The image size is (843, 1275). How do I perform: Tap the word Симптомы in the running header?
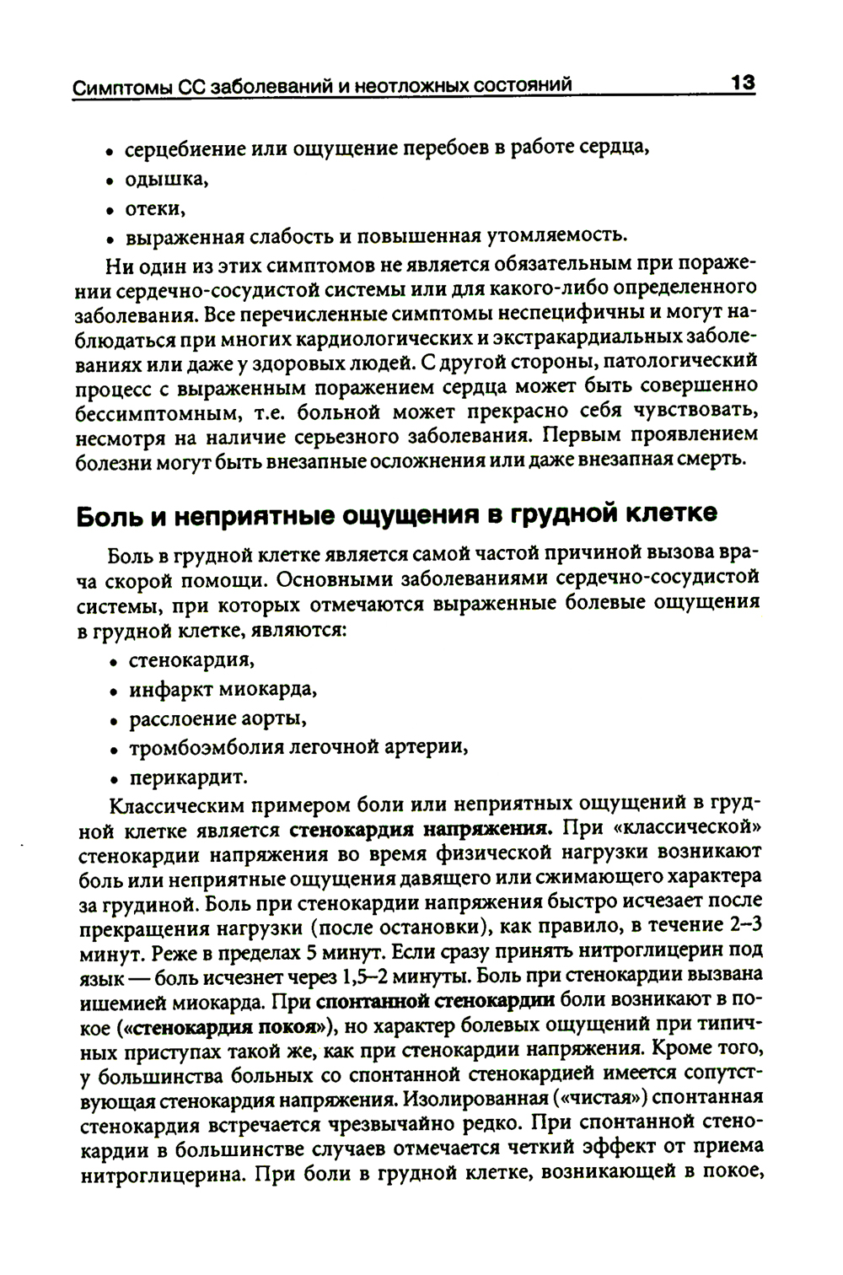point(117,87)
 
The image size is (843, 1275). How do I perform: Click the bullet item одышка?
point(165,179)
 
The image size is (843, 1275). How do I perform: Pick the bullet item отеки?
point(154,207)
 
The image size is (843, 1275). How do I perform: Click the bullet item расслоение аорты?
point(217,718)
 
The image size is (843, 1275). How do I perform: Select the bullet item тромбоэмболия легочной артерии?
point(298,747)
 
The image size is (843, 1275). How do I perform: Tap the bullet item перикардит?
point(187,777)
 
